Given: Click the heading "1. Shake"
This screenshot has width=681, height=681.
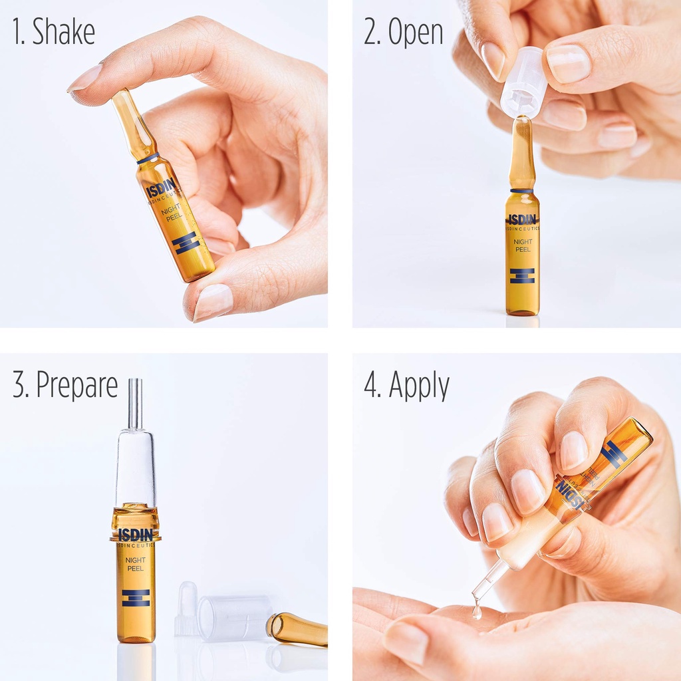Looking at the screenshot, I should [x=54, y=33].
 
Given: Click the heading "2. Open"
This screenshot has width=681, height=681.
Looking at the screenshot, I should [x=404, y=33].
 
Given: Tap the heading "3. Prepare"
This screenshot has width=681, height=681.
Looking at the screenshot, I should [x=65, y=385].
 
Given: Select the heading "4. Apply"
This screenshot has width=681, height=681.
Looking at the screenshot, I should [x=406, y=385].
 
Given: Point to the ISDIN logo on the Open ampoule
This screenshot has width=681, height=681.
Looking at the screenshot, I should [x=522, y=219].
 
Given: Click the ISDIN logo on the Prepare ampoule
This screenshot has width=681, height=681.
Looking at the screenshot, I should [x=135, y=534].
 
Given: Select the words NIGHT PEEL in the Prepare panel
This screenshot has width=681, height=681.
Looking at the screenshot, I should [x=135, y=564].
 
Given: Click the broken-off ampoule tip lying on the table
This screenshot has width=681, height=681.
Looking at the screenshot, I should [x=297, y=629].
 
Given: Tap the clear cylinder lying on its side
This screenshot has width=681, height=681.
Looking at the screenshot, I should [x=234, y=617].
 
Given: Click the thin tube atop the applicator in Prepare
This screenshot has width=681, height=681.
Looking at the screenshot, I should [x=135, y=403].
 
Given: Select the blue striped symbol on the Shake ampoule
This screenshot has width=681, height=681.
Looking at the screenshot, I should [x=186, y=242].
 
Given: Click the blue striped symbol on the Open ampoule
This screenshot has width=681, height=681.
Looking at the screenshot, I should [x=522, y=275].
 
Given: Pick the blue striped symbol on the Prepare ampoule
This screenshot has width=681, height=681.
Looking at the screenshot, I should [x=135, y=597].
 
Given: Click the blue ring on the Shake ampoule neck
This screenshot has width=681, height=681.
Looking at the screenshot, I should [x=148, y=158].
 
